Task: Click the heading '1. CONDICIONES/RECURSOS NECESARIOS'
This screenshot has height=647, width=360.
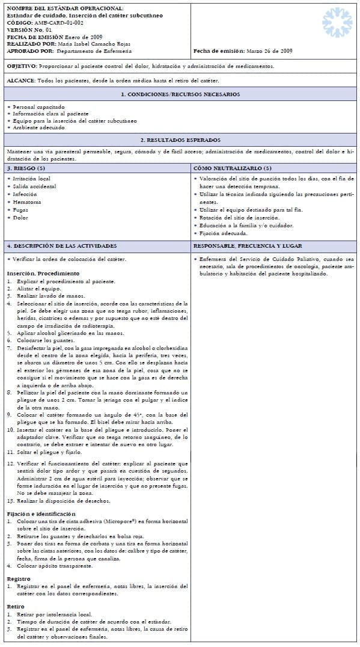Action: pos(180,94)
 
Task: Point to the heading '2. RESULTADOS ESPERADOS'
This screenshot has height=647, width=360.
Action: pos(180,140)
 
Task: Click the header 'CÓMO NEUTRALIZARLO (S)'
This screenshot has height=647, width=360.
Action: pos(232,168)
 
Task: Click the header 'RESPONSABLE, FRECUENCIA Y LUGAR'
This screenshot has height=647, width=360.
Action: pos(248,246)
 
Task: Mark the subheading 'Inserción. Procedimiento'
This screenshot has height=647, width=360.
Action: pos(38,273)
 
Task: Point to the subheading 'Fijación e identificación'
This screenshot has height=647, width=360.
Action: pos(41,514)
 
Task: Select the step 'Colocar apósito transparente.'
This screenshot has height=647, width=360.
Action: pos(56,566)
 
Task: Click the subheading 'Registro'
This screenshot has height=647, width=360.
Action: pos(19,578)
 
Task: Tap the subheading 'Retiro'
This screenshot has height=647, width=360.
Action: pos(16,606)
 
